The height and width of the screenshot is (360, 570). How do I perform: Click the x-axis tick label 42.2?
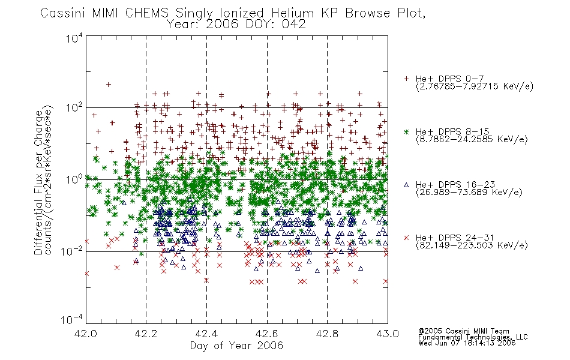point(146,334)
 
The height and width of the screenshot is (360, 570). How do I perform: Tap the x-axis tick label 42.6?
point(267,334)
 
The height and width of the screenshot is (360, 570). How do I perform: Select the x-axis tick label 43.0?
point(388,334)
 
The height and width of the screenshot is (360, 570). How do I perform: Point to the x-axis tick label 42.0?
point(86,334)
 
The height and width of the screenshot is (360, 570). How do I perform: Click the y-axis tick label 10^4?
point(74,38)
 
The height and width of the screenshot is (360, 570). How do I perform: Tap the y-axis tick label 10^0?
point(74,179)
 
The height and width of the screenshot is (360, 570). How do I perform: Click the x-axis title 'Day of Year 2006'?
point(236,346)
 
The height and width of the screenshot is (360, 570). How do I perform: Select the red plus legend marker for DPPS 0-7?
point(406,79)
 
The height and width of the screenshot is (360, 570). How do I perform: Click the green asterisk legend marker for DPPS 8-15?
point(406,131)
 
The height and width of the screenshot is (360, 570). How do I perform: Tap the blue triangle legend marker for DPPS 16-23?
point(406,185)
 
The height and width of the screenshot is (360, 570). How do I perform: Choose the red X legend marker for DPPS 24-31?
point(406,238)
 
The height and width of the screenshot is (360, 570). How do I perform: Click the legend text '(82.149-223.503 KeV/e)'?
point(472,245)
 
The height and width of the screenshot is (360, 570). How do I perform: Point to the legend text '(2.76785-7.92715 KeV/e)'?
point(475,86)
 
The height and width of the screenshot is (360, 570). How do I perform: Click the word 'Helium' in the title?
point(292,13)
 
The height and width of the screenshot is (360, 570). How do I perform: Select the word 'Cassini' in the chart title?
point(63,13)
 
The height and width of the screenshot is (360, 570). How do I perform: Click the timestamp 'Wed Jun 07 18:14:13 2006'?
point(467,343)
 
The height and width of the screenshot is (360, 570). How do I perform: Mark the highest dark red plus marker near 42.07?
point(109,85)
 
